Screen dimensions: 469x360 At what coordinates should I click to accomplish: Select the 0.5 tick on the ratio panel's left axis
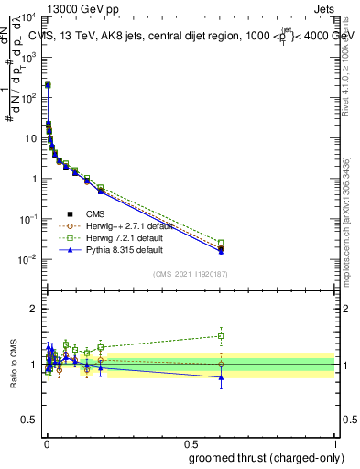pos(31,420)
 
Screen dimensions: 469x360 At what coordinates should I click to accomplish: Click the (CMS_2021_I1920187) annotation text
pos(189,273)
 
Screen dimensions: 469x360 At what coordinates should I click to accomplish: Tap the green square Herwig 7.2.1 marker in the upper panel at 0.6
pos(221,243)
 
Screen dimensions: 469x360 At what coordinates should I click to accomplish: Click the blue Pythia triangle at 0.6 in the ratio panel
pos(221,376)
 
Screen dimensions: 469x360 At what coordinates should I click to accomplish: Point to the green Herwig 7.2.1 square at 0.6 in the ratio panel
pos(221,335)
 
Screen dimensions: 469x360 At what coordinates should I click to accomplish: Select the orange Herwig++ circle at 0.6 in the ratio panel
pos(221,364)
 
